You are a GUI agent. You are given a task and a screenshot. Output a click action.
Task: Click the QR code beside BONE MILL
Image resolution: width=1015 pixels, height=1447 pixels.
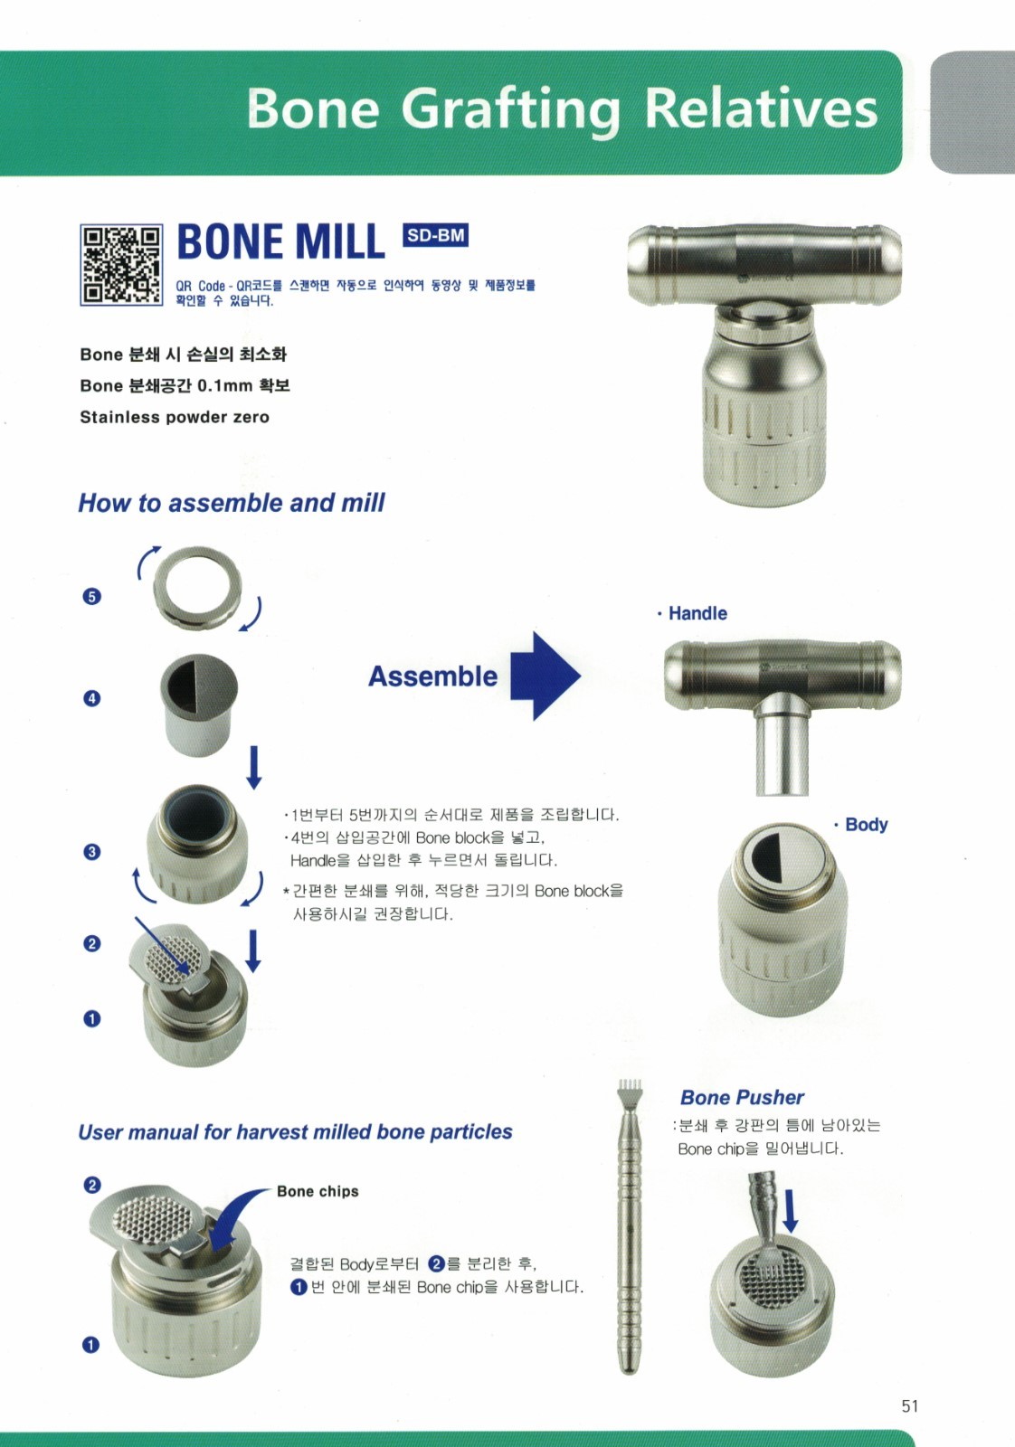point(121,265)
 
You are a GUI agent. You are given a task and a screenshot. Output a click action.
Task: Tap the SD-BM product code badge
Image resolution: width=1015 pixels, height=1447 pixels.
point(435,236)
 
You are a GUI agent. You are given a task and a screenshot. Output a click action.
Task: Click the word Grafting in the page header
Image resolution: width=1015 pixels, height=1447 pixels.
point(511,109)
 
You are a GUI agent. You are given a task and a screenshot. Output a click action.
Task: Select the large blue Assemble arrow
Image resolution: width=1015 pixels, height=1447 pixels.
point(544,676)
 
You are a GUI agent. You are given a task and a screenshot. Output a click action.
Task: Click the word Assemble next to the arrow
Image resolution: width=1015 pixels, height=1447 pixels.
point(432,676)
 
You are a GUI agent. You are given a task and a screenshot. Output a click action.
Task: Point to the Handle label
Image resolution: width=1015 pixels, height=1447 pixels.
point(697,613)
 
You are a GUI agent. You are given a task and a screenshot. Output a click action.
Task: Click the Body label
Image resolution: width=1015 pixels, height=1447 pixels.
point(865,825)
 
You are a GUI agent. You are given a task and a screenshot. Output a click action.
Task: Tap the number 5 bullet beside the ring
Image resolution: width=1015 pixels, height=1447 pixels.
point(91,596)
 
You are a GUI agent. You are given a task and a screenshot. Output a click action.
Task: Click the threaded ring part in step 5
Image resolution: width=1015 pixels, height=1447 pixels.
point(198,587)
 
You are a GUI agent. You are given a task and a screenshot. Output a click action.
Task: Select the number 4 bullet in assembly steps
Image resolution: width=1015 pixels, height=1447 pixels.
point(91,698)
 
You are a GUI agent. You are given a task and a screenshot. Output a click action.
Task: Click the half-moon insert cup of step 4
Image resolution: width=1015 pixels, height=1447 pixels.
point(198,695)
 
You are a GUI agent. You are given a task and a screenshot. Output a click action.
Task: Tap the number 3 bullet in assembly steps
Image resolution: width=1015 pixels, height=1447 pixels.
point(91,852)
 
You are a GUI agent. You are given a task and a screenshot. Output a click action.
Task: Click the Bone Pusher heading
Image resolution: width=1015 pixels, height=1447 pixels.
point(742,1098)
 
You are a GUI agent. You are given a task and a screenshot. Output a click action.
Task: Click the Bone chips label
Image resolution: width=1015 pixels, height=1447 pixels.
point(318,1192)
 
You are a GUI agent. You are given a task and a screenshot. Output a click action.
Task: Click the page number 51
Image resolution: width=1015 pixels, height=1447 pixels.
point(909,1405)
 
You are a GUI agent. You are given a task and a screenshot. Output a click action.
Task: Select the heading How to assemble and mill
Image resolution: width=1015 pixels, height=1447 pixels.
point(232,503)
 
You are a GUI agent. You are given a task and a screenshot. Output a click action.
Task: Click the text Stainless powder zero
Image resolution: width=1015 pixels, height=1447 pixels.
point(175,418)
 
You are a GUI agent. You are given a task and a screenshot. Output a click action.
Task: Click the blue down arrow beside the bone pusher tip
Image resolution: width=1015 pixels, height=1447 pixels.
point(790,1210)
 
